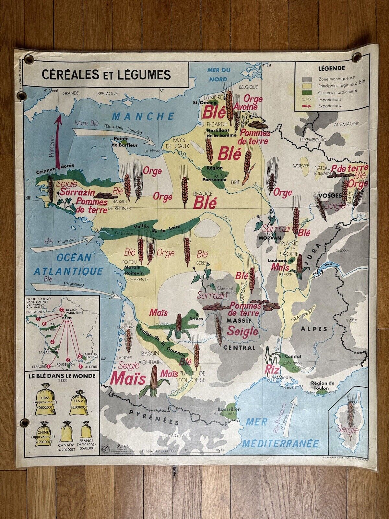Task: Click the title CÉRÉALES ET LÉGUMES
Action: pyautogui.click(x=106, y=74)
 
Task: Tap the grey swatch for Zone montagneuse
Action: pyautogui.click(x=307, y=79)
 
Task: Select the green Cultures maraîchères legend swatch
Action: pyautogui.click(x=307, y=92)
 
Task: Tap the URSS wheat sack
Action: pyautogui.click(x=46, y=399)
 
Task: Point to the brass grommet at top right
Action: pyautogui.click(x=357, y=57)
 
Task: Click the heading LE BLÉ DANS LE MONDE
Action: pyautogui.click(x=62, y=376)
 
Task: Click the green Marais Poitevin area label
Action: pyautogui.click(x=136, y=270)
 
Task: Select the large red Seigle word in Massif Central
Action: pyautogui.click(x=242, y=331)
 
